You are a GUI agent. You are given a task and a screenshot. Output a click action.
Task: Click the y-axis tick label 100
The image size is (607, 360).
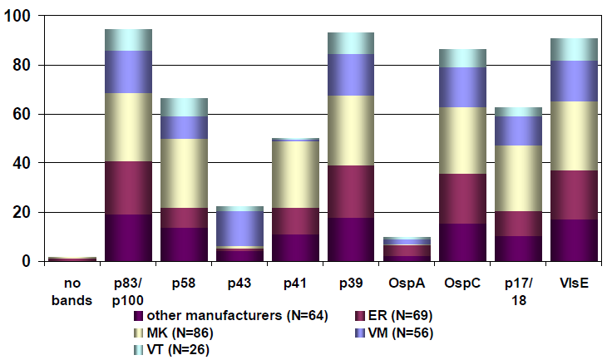pyautogui.click(x=17, y=17)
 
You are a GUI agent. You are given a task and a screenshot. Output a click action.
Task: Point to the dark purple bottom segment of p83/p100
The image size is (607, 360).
pyautogui.click(x=127, y=238)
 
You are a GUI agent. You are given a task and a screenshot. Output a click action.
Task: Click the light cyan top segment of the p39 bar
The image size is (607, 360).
pyautogui.click(x=350, y=43)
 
